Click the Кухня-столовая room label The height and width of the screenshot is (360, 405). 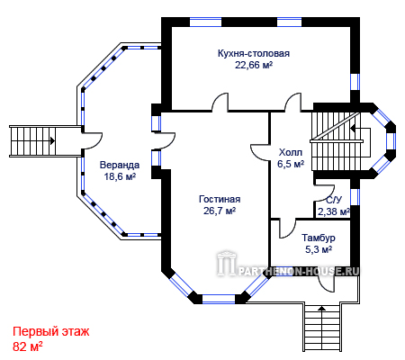point(254,53)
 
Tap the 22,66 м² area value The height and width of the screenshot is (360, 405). point(254,65)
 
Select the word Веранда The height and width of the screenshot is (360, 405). point(120,165)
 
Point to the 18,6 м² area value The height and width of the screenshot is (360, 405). point(120,176)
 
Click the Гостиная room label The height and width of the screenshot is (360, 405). point(220,199)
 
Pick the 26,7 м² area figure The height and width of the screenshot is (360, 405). point(220,211)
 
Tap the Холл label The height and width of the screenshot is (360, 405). point(291,152)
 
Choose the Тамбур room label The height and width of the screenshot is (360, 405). point(319,238)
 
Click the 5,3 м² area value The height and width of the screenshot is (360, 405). point(319,249)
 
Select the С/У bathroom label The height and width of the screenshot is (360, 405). point(334,200)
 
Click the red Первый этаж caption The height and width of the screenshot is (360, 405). point(51,332)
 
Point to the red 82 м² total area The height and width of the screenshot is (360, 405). point(28,346)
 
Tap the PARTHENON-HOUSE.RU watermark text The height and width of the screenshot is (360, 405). point(299,272)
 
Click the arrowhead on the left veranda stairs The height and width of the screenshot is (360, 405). point(53,140)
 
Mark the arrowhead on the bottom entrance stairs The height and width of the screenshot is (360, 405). point(321,308)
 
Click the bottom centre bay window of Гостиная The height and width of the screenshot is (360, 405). point(219,299)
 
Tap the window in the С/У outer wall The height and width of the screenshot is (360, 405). point(355,197)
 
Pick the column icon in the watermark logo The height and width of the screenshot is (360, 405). point(227,264)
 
